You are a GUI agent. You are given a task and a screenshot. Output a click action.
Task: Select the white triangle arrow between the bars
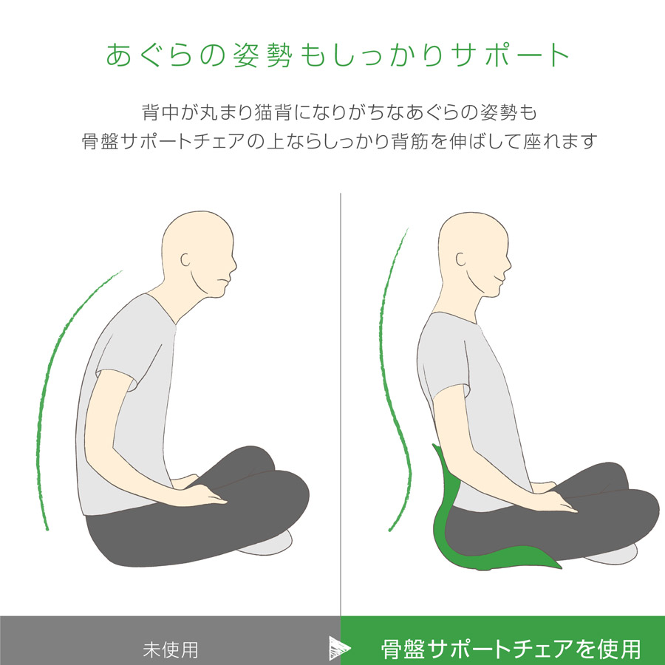click(x=339, y=648)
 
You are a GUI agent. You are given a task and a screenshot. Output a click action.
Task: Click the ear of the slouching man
click(x=185, y=259)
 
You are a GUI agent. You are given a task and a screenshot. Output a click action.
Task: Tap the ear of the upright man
click(x=460, y=259)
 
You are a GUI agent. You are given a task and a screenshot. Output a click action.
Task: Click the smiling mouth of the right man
click(x=499, y=279)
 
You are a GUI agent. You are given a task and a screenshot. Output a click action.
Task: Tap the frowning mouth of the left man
click(x=223, y=281)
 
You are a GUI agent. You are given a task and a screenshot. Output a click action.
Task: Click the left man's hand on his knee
click(x=204, y=494)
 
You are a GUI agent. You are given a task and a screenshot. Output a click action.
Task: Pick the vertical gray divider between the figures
click(x=341, y=405)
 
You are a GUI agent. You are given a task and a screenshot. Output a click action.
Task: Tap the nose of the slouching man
click(x=233, y=265)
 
